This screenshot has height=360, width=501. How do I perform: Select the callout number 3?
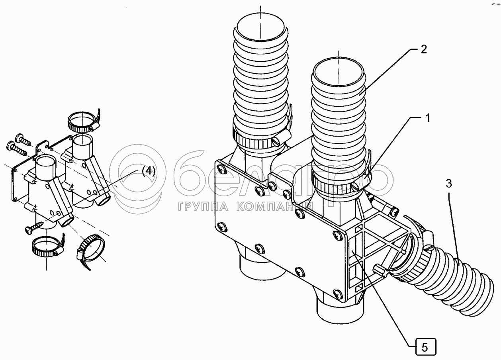[x=448, y=184]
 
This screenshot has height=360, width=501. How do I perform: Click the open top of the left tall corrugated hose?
[x=260, y=29]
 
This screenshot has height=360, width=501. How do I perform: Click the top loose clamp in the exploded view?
[x=83, y=122]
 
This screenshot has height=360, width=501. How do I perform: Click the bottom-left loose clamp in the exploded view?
[x=46, y=247]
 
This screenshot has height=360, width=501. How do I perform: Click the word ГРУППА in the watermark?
[x=193, y=206]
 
